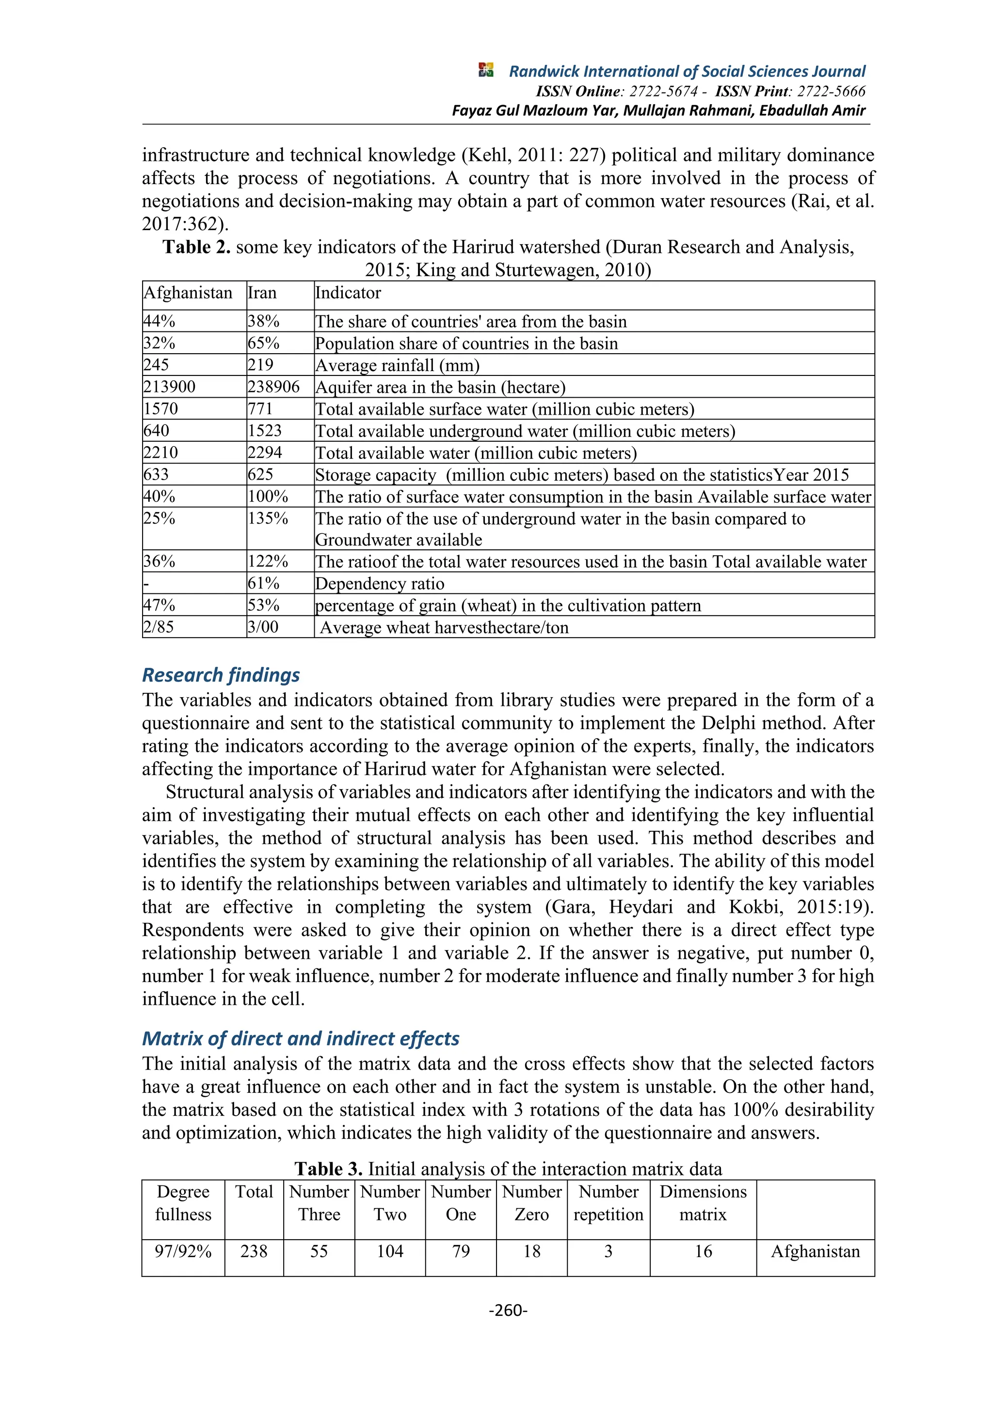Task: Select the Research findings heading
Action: click(x=221, y=675)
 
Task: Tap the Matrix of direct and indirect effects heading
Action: click(x=301, y=1038)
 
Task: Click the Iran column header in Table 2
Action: click(x=262, y=293)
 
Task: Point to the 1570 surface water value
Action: click(x=161, y=409)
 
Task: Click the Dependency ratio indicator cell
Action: click(x=380, y=584)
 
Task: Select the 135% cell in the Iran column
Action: click(x=268, y=519)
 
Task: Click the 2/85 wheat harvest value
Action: click(x=159, y=627)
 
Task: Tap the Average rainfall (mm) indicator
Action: click(x=398, y=365)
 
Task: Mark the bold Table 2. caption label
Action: click(x=196, y=247)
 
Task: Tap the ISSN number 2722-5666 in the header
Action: click(x=831, y=92)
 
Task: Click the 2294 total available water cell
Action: click(x=265, y=453)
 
